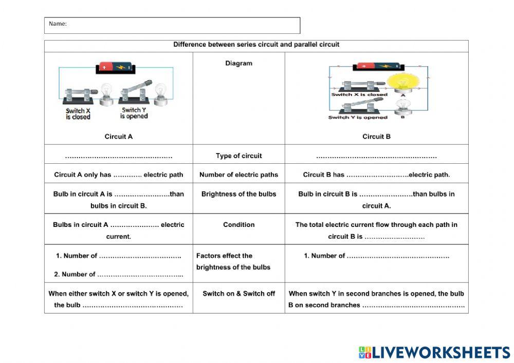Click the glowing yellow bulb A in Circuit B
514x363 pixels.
coord(402,83)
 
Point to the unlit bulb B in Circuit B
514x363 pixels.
coord(402,107)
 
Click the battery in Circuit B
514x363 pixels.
coord(379,67)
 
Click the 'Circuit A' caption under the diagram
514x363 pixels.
coord(119,137)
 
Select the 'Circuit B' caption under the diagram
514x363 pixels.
coord(376,137)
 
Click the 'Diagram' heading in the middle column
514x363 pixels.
coord(238,64)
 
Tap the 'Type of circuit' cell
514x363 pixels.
coord(238,156)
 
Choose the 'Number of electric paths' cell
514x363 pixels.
coord(238,175)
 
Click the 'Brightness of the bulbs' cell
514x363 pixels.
coord(238,194)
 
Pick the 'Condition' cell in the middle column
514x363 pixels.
coord(238,224)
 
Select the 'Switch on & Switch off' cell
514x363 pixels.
coord(238,294)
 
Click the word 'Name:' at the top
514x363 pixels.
coord(58,24)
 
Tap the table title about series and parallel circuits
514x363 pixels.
coord(256,45)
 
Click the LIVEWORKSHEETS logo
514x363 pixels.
coord(434,352)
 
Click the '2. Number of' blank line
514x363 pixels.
coord(139,275)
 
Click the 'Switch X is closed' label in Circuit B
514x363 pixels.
coord(359,94)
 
